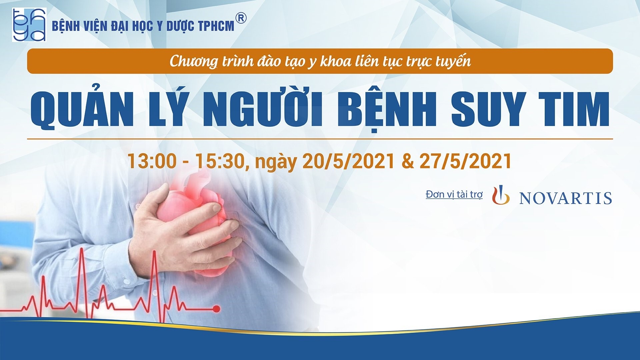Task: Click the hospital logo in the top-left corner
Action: [29, 25]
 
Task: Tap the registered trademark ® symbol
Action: [241, 19]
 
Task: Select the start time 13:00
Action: [152, 161]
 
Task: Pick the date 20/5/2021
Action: [348, 161]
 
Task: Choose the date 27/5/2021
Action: [465, 161]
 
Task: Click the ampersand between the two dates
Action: [407, 161]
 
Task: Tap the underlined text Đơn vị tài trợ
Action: [454, 194]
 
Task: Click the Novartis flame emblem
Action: [501, 195]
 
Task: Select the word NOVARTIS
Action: [566, 198]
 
